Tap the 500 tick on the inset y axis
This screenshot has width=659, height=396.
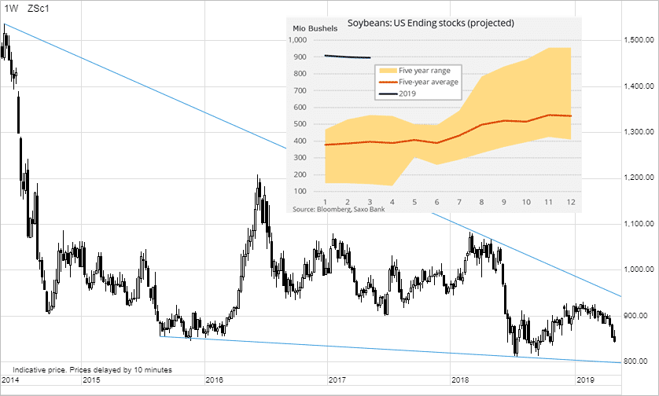304,124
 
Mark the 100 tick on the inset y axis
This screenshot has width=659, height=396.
304,191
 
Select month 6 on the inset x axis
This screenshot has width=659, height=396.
436,203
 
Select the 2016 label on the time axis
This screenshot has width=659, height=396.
214,380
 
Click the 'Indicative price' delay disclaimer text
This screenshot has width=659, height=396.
93,369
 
